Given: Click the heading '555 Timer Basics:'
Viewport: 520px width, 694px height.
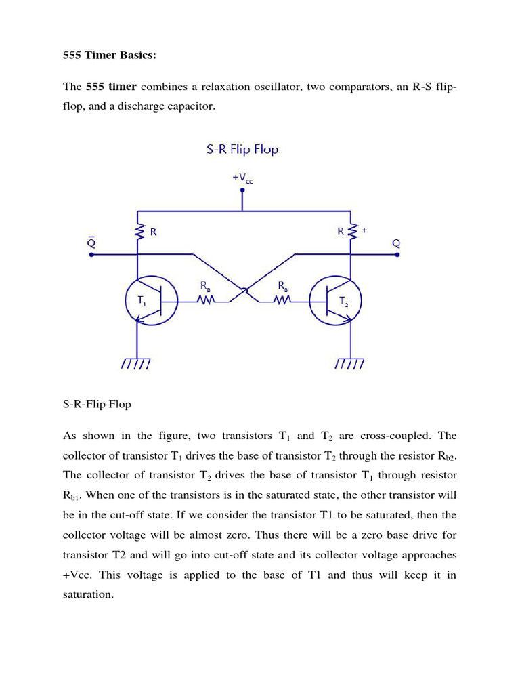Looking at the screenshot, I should (109, 55).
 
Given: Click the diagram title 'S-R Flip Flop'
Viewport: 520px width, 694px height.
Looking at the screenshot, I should (242, 149).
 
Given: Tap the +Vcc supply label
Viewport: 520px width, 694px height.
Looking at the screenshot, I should (242, 178).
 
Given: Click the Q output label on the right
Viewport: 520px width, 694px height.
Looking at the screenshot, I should (396, 242).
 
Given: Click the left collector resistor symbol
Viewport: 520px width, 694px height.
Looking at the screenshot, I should (138, 232).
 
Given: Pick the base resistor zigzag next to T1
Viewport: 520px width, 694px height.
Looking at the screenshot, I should (205, 300).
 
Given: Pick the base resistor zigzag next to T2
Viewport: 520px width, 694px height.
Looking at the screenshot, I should (282, 300).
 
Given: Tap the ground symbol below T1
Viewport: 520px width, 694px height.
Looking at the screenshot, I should (137, 364).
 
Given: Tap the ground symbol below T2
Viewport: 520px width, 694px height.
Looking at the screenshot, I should (351, 364).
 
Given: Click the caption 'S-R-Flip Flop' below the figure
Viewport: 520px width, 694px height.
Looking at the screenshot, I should (97, 404).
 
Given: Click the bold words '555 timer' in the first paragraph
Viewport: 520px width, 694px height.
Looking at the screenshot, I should (111, 87).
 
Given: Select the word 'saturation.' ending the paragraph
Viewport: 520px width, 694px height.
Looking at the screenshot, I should (88, 594).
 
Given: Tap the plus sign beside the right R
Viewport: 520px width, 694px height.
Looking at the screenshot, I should (364, 230).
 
